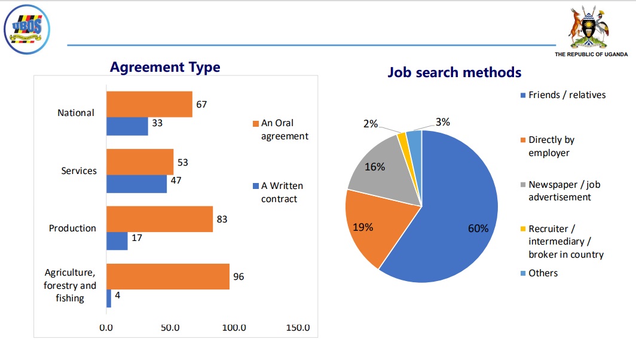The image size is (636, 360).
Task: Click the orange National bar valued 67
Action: coord(149,104)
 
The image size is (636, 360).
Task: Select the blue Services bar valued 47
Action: coord(136,184)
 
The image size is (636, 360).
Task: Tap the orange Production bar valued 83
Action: coord(160,219)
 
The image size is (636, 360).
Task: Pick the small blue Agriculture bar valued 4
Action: coord(109,298)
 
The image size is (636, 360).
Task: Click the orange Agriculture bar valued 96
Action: coord(168,277)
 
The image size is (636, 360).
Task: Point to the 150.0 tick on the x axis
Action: coord(298,328)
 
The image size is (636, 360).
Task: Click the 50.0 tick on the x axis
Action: coord(170,328)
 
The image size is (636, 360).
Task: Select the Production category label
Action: coord(72,228)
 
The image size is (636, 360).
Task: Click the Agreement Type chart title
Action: coord(165,68)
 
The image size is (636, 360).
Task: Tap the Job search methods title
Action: coord(454,72)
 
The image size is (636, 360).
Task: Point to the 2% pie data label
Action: coord(370,124)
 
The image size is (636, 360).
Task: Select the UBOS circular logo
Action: coord(27,28)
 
